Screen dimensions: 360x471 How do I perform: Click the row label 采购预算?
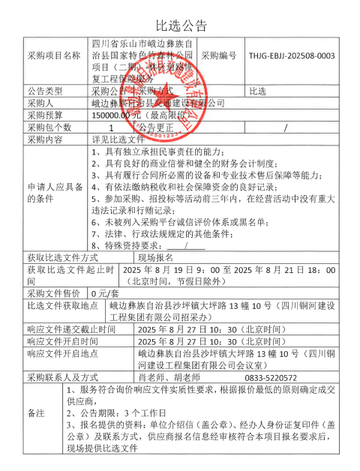point(46,115)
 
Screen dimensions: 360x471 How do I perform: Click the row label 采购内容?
point(46,139)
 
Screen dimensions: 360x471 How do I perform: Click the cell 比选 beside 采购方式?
point(257,91)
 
